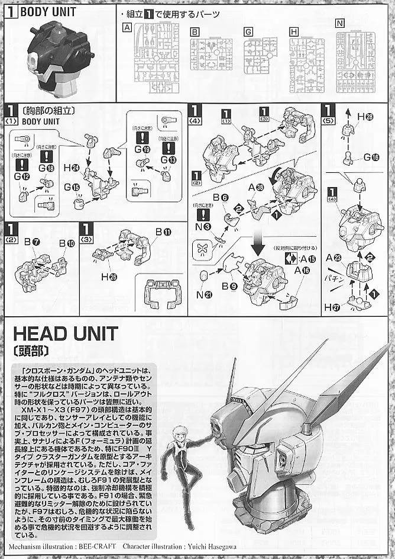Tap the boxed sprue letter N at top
click(339, 24)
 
